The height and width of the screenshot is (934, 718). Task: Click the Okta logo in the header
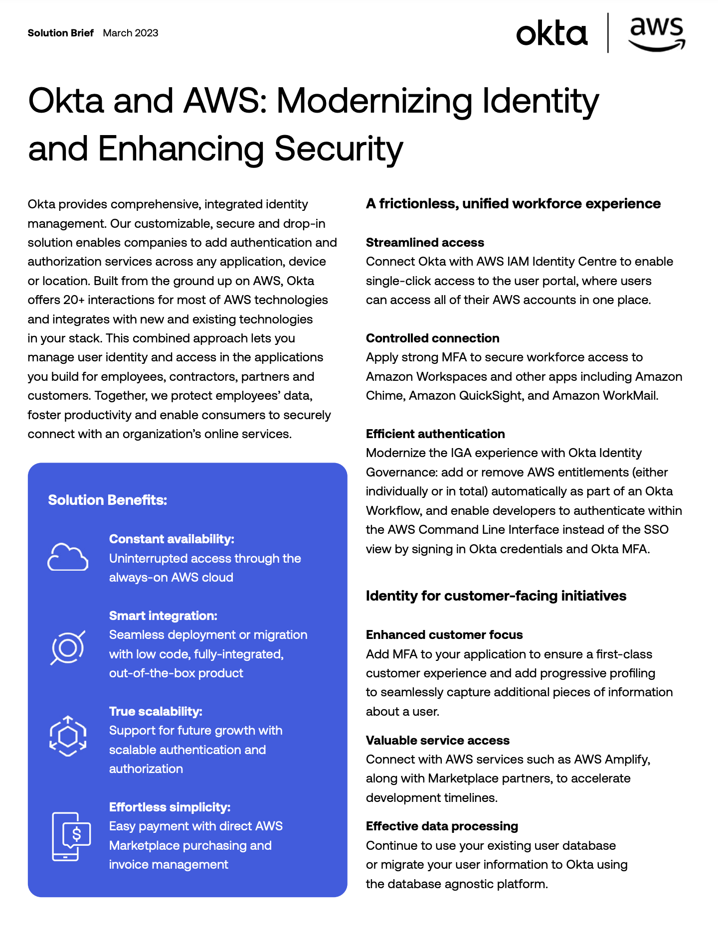coord(551,34)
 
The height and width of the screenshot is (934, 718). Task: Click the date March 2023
coord(131,33)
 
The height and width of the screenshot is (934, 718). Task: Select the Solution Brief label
coord(60,33)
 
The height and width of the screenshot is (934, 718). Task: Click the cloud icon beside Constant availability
coord(68,557)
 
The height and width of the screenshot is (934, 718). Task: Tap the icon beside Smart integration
coord(68,647)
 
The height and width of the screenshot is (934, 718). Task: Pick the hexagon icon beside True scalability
coord(68,736)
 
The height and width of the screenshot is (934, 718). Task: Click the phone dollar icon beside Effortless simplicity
coord(71,836)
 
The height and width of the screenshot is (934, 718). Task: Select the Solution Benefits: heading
coord(107,500)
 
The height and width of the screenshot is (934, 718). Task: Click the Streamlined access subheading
coord(425,242)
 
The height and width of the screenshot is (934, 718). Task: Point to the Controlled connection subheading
coord(432,338)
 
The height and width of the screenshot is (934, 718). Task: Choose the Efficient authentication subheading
coord(435,434)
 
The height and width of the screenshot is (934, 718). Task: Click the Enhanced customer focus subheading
coord(444,634)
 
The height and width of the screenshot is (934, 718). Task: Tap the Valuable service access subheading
coord(438,740)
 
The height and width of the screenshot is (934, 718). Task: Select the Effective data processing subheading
coord(442,826)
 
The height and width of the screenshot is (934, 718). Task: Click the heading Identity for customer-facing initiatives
coord(496,596)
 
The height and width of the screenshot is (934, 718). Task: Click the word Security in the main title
coord(339,149)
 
